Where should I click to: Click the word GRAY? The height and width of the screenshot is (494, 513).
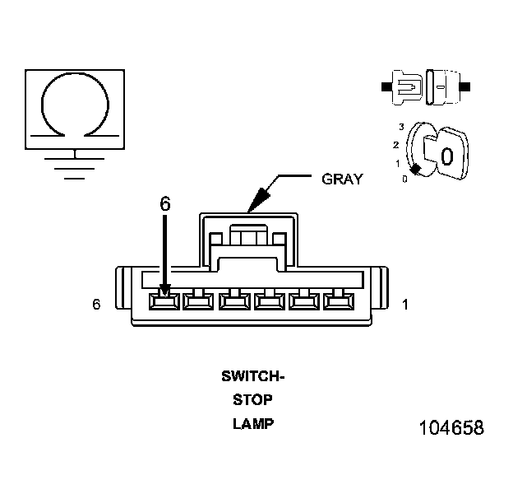[x=342, y=179]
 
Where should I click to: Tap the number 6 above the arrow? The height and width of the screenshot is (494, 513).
[x=165, y=204]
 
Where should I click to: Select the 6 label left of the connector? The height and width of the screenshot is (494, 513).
[x=97, y=305]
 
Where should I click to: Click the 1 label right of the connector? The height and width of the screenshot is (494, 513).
[x=404, y=305]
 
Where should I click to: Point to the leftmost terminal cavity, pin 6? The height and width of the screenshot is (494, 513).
[x=164, y=301]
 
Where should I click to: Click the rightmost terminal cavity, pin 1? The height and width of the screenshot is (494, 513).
[x=337, y=301]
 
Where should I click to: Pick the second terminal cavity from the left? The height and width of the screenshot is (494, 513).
[x=198, y=301]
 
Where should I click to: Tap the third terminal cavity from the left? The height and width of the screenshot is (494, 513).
[x=233, y=301]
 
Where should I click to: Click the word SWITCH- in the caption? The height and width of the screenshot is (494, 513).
[x=252, y=377]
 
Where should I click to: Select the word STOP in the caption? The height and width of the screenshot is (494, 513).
[x=252, y=401]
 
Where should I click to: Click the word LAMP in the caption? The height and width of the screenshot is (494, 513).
[x=252, y=425]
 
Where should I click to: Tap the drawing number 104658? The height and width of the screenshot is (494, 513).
[x=451, y=429]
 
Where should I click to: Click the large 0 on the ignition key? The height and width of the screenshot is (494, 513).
[x=446, y=155]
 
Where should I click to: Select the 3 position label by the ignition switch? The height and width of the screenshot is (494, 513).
[x=400, y=126]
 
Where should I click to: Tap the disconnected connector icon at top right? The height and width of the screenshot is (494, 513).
[x=427, y=85]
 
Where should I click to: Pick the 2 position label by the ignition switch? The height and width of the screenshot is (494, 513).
[x=395, y=145]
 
